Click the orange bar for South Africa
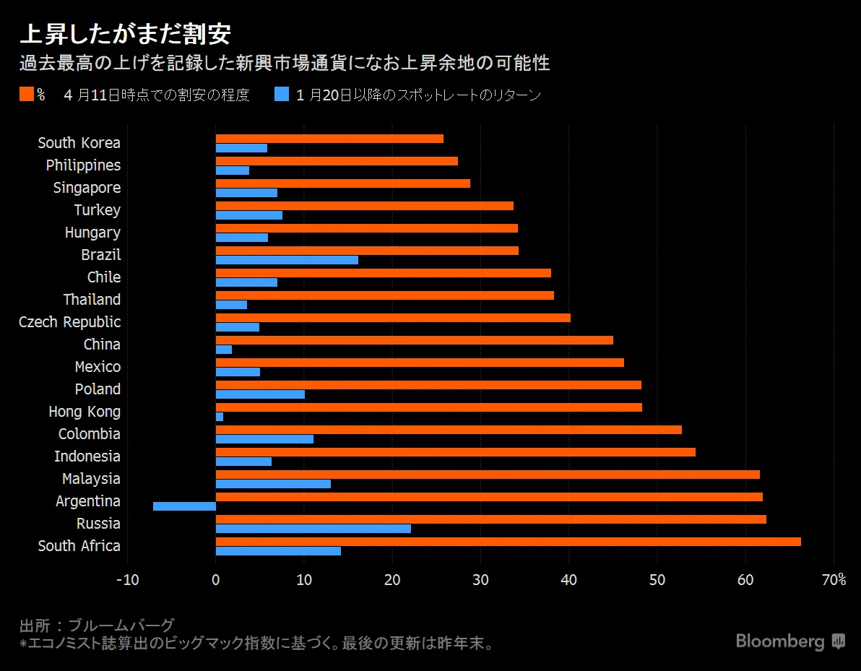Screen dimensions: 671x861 (x=508, y=542)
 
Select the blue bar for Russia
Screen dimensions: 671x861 (x=313, y=529)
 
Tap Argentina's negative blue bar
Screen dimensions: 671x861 (x=184, y=506)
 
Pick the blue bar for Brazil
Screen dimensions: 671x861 (x=287, y=260)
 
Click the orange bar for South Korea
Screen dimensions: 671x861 (x=329, y=139)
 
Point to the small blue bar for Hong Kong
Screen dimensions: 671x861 (x=220, y=417)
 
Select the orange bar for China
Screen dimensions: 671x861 (x=414, y=340)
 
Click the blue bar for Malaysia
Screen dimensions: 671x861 (x=273, y=484)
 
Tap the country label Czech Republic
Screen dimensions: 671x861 (x=70, y=322)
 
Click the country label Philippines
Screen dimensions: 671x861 (x=83, y=165)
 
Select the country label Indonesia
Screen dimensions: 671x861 (x=87, y=456)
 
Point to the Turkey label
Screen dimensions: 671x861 (x=97, y=210)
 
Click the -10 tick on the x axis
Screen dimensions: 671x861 (x=127, y=580)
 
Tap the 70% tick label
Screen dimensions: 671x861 (x=834, y=580)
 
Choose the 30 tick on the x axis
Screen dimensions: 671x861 (x=480, y=580)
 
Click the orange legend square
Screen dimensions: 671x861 (x=27, y=95)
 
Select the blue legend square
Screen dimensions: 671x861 (x=282, y=95)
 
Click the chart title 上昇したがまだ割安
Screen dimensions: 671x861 (x=125, y=34)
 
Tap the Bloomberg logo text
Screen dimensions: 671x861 (x=780, y=641)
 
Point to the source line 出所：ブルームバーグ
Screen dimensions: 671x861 (x=97, y=625)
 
